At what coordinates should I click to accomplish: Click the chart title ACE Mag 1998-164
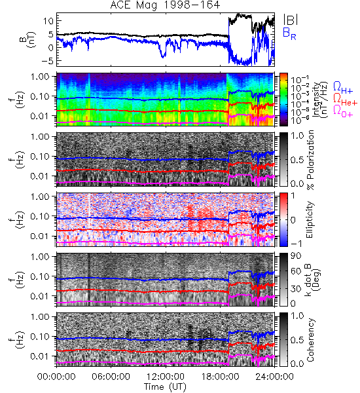point(165,5)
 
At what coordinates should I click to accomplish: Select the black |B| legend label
point(291,20)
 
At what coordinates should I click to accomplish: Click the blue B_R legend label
point(289,33)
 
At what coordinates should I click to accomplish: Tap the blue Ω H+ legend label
point(343,88)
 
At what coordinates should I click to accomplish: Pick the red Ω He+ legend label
point(345,100)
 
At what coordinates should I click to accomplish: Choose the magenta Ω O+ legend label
point(343,111)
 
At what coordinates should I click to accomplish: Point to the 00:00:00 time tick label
point(56,377)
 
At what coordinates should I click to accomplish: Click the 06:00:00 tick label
point(111,377)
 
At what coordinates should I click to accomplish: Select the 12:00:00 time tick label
point(166,377)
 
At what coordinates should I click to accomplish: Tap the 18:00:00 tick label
point(220,377)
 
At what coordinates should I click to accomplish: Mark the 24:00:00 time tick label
point(274,377)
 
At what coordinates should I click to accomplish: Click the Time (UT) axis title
point(165,386)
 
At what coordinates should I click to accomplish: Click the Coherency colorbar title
point(310,340)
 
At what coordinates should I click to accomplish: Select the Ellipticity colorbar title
point(310,220)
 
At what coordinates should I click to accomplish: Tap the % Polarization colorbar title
point(310,160)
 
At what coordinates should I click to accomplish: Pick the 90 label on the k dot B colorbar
point(296,256)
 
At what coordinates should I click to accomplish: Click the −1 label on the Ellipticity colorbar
point(297,244)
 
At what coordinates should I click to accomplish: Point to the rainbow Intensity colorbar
point(283,100)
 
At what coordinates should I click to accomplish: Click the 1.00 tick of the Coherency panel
point(42,317)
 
